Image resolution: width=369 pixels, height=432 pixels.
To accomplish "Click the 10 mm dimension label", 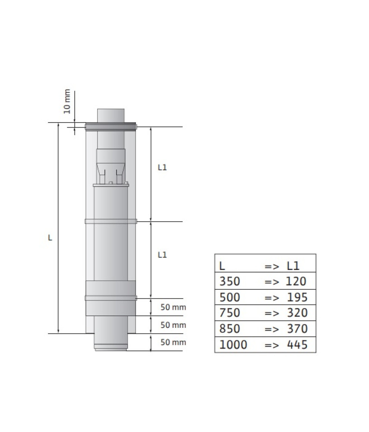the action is (67, 101).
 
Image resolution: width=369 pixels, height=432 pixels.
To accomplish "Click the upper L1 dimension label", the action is (162, 167).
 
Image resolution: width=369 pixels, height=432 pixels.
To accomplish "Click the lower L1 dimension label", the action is (162, 254).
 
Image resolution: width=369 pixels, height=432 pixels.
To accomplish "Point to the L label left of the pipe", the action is (50, 238).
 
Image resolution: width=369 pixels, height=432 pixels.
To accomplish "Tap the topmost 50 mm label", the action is (173, 307).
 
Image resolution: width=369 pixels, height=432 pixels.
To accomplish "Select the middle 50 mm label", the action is (173, 325).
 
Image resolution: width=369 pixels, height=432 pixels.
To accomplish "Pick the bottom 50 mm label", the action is (173, 342).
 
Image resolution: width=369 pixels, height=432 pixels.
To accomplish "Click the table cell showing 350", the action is (230, 281).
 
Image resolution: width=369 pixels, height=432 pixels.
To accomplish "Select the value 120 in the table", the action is (296, 281).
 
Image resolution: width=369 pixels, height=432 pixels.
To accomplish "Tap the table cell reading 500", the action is (230, 297).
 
